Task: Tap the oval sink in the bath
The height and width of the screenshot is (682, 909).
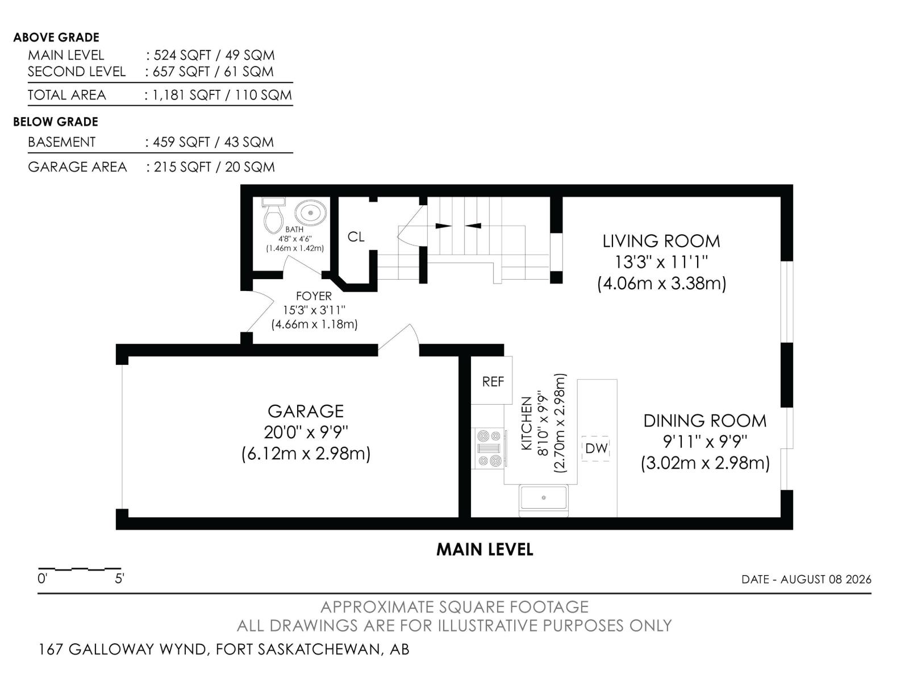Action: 310,213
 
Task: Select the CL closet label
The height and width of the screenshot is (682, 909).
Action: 356,237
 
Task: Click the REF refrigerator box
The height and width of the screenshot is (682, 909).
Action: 493,380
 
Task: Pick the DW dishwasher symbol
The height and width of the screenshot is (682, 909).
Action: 596,448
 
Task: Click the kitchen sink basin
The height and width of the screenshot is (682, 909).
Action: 544,498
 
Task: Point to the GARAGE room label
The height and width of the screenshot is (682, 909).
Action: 306,411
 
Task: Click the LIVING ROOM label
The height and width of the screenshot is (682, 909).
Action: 661,241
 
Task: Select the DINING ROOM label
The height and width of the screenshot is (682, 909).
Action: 705,421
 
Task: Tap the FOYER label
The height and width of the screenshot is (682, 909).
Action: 314,296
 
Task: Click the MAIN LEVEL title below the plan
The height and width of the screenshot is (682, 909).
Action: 485,550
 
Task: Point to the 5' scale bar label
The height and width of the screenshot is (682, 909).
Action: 120,579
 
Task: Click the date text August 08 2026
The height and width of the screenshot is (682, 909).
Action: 825,579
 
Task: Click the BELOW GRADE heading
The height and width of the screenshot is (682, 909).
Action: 56,122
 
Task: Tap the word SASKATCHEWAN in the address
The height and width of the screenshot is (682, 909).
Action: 319,649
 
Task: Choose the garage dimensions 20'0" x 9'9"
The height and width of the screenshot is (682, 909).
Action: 306,433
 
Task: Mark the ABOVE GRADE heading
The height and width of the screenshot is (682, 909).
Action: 56,38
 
